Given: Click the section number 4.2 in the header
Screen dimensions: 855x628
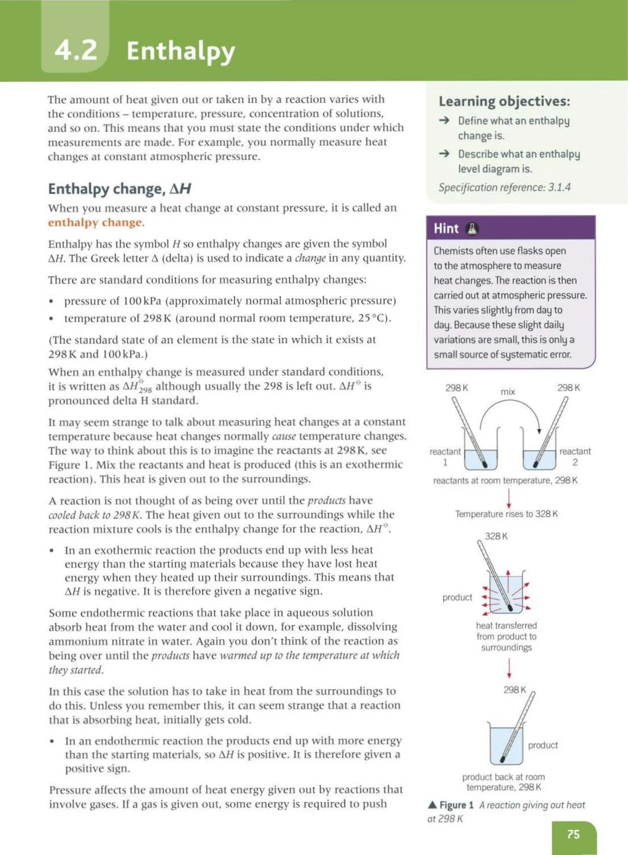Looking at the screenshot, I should pyautogui.click(x=76, y=51).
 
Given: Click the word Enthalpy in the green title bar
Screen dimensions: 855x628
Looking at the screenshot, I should pyautogui.click(x=181, y=51).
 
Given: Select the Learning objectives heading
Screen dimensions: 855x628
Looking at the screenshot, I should pyautogui.click(x=504, y=101).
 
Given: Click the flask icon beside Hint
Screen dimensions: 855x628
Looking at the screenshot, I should pyautogui.click(x=471, y=229).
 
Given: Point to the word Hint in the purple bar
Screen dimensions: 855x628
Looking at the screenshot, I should pyautogui.click(x=446, y=229).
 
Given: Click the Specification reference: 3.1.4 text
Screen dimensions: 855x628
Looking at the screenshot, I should pyautogui.click(x=504, y=188).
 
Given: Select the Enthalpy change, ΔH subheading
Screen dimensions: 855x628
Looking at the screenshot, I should pyautogui.click(x=120, y=189).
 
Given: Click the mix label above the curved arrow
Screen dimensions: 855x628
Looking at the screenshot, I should pyautogui.click(x=508, y=392).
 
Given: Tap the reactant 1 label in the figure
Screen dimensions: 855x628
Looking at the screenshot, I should pyautogui.click(x=445, y=457).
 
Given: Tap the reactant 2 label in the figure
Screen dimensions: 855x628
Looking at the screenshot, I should pyautogui.click(x=575, y=457).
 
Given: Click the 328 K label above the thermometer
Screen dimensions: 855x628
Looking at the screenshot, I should pyautogui.click(x=496, y=536).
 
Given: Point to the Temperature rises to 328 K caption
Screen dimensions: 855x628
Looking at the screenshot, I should pyautogui.click(x=506, y=514).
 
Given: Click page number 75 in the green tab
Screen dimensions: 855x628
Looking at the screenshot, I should pyautogui.click(x=573, y=834).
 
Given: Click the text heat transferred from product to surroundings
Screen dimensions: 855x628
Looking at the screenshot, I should pyautogui.click(x=506, y=636).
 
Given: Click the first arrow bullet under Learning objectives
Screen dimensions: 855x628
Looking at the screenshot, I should pyautogui.click(x=444, y=120).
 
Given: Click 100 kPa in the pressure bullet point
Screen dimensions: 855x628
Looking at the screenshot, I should pyautogui.click(x=142, y=301).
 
